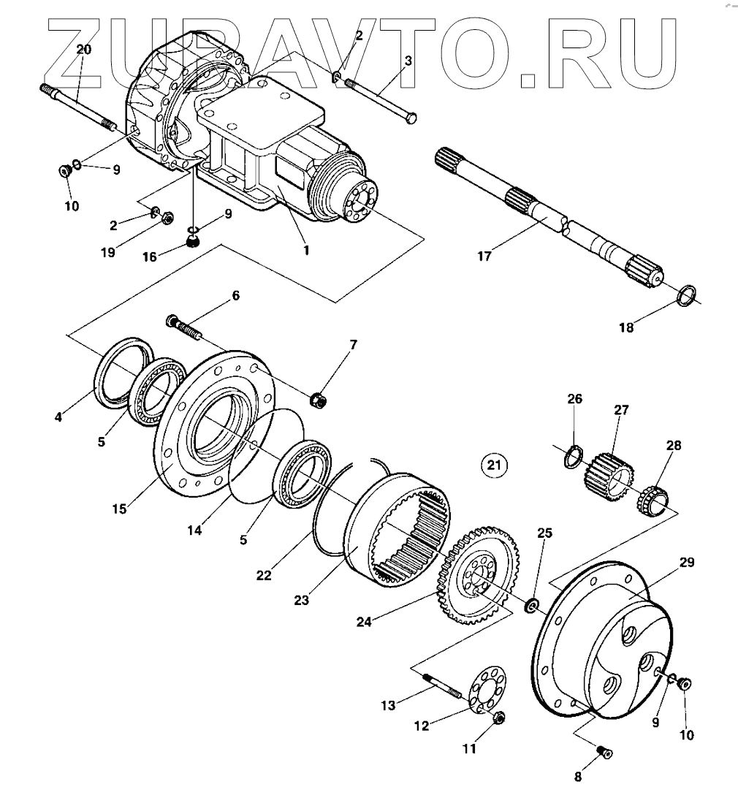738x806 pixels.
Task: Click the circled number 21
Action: pyautogui.click(x=494, y=464)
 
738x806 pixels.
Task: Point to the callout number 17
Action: pyautogui.click(x=484, y=256)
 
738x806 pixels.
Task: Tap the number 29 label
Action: pyautogui.click(x=686, y=563)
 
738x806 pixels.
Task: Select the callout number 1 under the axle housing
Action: pyautogui.click(x=306, y=250)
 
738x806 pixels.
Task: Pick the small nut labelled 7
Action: pyautogui.click(x=319, y=400)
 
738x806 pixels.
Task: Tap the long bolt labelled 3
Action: pyautogui.click(x=379, y=98)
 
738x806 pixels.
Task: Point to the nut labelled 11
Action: pyautogui.click(x=500, y=718)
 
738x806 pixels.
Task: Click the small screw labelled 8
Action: pyautogui.click(x=604, y=753)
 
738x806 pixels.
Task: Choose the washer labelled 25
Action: pyautogui.click(x=532, y=605)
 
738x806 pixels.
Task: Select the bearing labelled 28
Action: pyautogui.click(x=651, y=499)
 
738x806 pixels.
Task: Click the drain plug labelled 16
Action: pyautogui.click(x=192, y=242)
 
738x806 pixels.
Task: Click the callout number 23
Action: pyautogui.click(x=301, y=600)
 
